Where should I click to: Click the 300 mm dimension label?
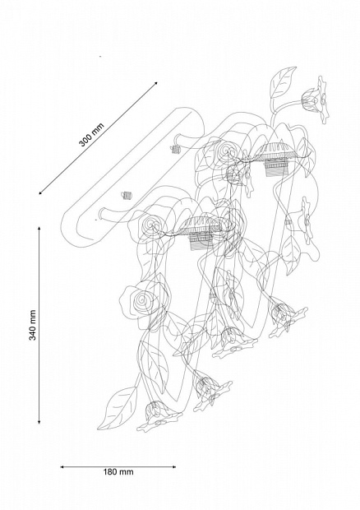point(91,135)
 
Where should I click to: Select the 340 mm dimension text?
point(33,325)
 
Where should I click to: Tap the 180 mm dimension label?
point(118,472)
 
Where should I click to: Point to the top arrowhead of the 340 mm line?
point(39,229)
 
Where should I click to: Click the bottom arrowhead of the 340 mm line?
point(39,422)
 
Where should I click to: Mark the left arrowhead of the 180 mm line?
point(62,467)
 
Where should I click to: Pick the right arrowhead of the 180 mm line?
point(173,467)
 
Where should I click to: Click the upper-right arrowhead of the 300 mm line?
point(155,83)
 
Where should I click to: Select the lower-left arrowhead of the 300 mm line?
point(40,192)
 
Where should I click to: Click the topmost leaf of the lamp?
point(283,82)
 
